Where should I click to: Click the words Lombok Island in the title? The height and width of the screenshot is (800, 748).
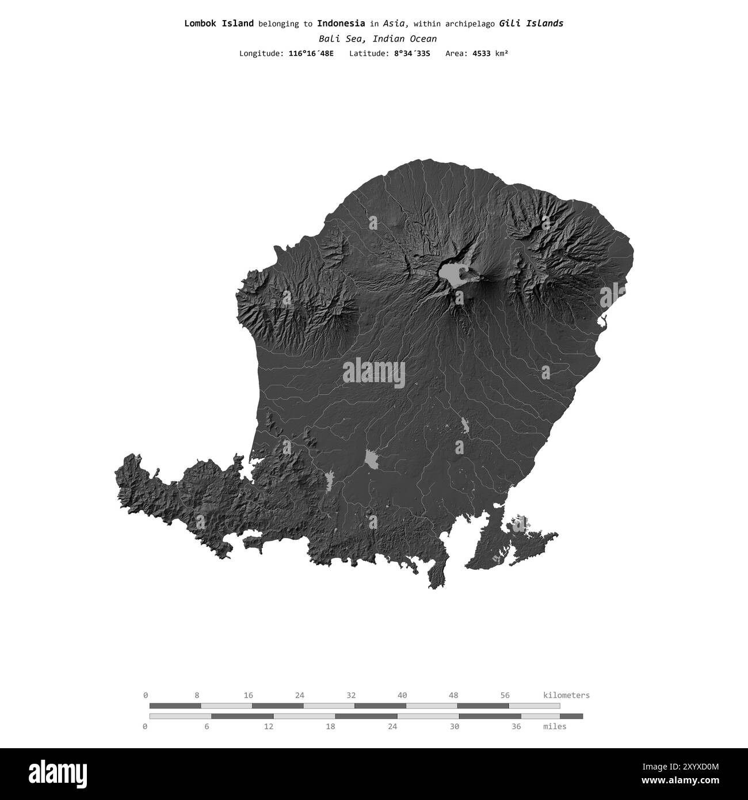pyautogui.click(x=219, y=24)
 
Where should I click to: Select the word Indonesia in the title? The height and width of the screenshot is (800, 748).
pyautogui.click(x=341, y=24)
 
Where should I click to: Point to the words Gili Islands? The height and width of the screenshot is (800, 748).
pyautogui.click(x=531, y=24)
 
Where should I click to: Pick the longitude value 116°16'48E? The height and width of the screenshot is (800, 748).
pyautogui.click(x=311, y=54)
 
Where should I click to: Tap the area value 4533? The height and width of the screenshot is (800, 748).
pyautogui.click(x=482, y=54)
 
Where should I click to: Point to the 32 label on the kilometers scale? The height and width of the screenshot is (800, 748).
pyautogui.click(x=351, y=695)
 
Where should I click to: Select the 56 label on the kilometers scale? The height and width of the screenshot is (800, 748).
pyautogui.click(x=505, y=695)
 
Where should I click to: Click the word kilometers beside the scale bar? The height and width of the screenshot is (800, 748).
pyautogui.click(x=566, y=695)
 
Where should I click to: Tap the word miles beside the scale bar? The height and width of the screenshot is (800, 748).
pyautogui.click(x=555, y=726)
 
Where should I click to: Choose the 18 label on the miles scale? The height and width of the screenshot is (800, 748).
pyautogui.click(x=330, y=726)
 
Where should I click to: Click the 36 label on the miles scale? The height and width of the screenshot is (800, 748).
pyautogui.click(x=516, y=726)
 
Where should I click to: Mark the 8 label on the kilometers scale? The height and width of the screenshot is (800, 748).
pyautogui.click(x=197, y=695)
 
